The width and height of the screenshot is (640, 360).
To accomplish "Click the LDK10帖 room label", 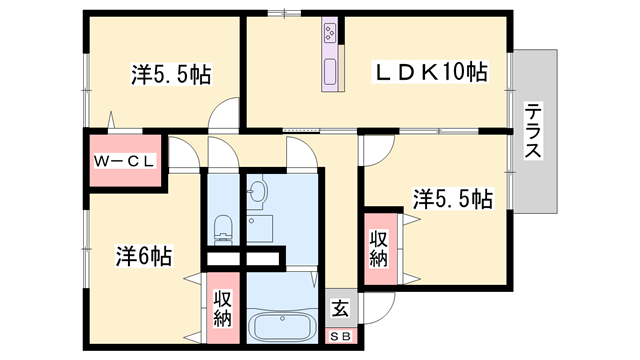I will (431, 72).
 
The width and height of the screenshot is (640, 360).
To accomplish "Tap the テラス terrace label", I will (534, 131).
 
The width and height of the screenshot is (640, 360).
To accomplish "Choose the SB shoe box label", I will (340, 337).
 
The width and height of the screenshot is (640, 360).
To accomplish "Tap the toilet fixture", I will (223, 229).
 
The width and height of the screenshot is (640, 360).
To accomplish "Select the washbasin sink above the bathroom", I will (259, 192).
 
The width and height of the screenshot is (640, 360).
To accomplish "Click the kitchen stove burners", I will (331, 37).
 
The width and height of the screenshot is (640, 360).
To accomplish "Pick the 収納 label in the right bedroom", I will (378, 249).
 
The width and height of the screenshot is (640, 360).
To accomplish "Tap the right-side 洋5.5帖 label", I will (452, 198).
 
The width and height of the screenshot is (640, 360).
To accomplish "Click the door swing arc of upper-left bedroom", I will (226, 112).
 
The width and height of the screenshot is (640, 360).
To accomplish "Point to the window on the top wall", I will (284, 13).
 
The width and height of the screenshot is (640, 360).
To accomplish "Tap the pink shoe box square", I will (340, 337).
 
